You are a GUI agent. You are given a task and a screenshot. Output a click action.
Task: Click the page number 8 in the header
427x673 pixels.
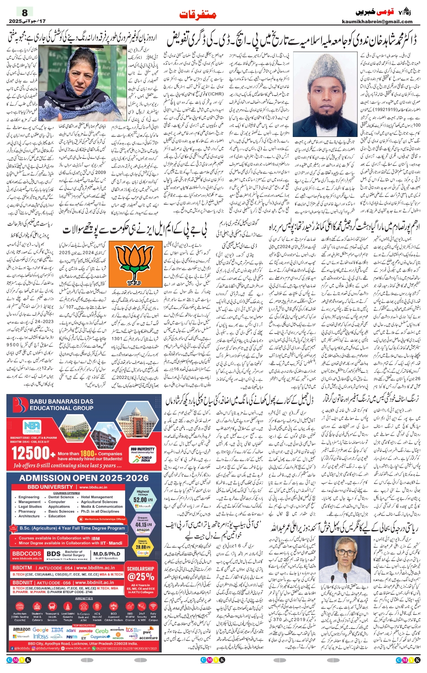[25, 12]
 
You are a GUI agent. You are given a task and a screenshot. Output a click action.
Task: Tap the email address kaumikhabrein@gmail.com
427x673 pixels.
[377, 21]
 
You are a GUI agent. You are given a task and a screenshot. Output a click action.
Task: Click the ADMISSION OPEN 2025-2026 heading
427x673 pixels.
[84, 478]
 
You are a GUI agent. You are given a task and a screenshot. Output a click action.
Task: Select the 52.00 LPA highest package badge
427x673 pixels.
[142, 499]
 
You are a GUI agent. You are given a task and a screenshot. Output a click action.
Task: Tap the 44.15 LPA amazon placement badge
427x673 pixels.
[142, 524]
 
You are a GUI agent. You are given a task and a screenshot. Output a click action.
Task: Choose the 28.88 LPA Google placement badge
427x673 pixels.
[142, 547]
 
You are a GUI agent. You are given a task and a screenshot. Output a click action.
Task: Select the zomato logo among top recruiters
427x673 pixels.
[85, 631]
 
